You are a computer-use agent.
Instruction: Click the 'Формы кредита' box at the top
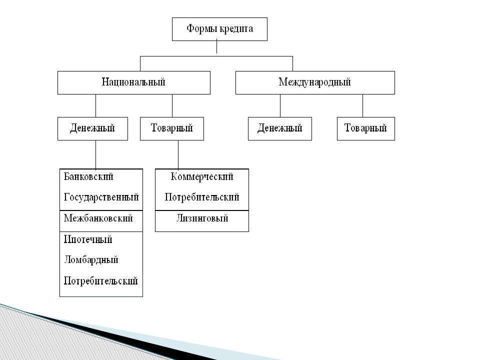tap(219, 29)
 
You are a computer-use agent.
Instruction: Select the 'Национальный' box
tap(134, 82)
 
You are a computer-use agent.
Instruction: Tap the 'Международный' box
tap(315, 82)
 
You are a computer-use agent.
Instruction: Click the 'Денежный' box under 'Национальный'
tap(92, 128)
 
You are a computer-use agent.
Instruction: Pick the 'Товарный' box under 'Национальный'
tap(171, 128)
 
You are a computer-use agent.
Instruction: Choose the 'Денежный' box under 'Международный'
tap(280, 128)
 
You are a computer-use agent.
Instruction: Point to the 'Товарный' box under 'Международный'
tap(366, 128)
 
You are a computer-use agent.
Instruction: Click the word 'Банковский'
tap(88, 177)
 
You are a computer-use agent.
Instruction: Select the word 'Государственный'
tap(101, 197)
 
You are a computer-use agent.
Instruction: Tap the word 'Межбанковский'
tap(98, 218)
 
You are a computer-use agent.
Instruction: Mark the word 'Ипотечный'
tap(88, 239)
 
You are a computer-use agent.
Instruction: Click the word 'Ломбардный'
tap(91, 260)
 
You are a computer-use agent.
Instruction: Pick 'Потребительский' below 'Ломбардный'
tap(100, 280)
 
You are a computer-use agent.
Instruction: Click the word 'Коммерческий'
tap(202, 177)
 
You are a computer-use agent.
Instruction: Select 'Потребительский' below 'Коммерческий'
tap(202, 197)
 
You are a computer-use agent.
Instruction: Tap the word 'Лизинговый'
tap(202, 218)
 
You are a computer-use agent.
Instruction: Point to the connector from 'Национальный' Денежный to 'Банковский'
tap(96, 154)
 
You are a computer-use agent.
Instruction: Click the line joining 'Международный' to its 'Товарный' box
tap(363, 105)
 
